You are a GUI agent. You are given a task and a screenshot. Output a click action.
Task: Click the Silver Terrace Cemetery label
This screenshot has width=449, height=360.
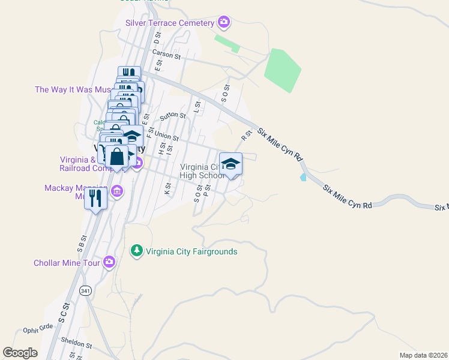pos(170,23)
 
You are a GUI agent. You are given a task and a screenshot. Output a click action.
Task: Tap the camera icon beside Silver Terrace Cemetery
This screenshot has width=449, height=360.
pos(224,23)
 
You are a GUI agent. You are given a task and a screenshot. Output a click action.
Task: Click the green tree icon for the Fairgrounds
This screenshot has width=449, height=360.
pos(137,250)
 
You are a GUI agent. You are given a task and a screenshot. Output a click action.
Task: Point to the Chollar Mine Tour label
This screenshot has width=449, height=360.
pos(66,263)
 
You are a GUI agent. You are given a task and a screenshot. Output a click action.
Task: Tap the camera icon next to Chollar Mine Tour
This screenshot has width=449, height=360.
pos(109,262)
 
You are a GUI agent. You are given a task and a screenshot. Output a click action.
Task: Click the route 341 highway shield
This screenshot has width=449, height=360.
pos(85,291)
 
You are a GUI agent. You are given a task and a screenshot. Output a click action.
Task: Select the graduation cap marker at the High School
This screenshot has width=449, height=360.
pos(231,164)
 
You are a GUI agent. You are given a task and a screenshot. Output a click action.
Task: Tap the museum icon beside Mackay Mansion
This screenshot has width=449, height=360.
pos(117,191)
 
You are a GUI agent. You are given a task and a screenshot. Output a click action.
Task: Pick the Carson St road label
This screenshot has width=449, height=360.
pos(166,55)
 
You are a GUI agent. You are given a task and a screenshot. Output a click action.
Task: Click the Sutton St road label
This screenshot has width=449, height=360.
pos(170,116)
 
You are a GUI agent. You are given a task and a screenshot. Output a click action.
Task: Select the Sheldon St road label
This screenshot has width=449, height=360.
pos(77,345)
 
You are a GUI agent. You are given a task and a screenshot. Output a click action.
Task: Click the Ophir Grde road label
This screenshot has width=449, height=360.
pos(38,328)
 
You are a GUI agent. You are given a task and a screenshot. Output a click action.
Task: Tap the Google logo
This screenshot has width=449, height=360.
pos(20,353)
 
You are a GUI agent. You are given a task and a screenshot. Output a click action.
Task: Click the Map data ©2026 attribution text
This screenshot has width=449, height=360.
pos(423,355)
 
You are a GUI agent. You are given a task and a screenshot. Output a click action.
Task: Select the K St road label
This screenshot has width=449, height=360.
pos(167,188)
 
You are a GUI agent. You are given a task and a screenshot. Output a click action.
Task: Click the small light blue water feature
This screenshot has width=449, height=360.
pos(303,177)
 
